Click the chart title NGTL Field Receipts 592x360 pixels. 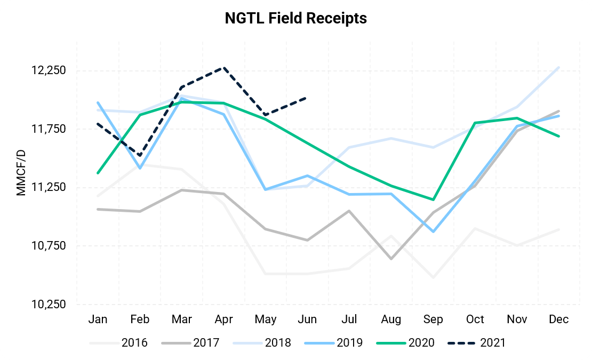point(295,18)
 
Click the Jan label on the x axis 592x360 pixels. point(98,319)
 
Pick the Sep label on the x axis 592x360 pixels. point(433,319)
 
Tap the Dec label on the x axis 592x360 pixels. point(559,319)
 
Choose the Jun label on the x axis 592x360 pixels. point(307,319)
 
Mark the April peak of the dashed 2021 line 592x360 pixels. point(224,68)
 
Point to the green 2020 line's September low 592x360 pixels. point(433,200)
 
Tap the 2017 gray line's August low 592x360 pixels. point(391,259)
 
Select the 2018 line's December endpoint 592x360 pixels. point(559,67)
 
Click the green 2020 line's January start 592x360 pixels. point(98,173)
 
